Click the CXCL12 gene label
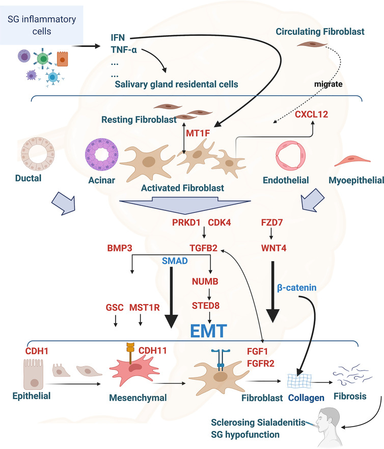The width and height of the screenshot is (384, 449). pos(311,114)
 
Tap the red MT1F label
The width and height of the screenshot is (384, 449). pos(198,133)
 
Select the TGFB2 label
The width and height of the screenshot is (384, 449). pos(204,248)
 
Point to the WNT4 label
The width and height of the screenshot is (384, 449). pos(273,248)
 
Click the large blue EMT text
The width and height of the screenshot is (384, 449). pos(208,331)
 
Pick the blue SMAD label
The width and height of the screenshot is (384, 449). pos(175,261)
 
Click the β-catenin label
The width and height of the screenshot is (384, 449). pos(297,287)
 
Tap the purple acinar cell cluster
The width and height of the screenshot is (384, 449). pos(102,155)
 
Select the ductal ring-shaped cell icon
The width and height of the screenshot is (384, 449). pos(38,154)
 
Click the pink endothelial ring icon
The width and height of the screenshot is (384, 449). pos(290,156)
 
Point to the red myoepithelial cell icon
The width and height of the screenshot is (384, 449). pos(352,161)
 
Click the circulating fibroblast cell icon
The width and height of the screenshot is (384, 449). pos(312,44)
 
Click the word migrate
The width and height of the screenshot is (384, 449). pos(328,84)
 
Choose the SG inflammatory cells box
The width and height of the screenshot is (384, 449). pos(42,25)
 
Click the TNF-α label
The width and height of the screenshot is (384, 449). pos(124,50)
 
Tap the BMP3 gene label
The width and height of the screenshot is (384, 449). pos(120,248)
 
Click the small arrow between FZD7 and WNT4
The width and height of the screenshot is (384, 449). pos(271,233)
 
